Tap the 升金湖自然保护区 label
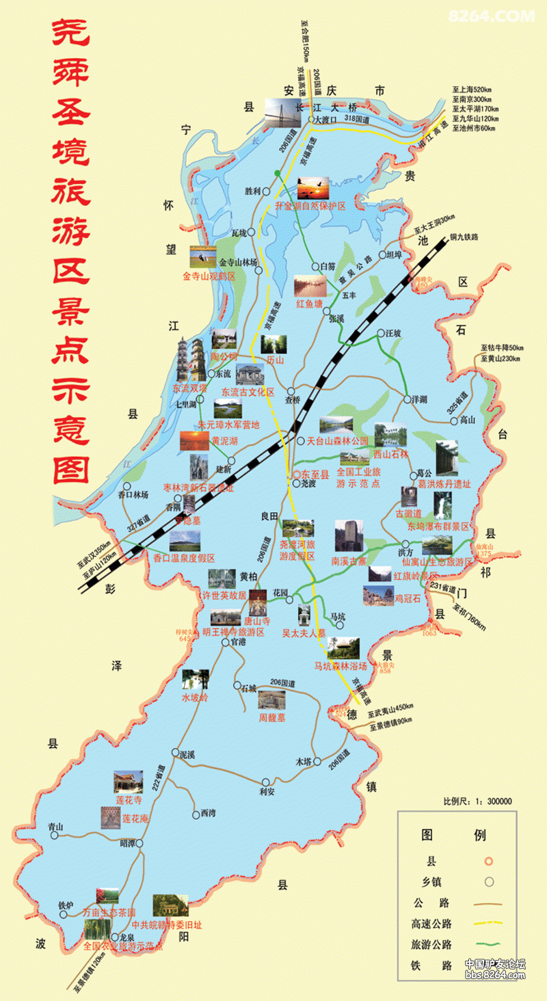click(x=311, y=205)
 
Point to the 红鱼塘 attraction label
click(x=308, y=303)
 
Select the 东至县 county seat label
click(x=316, y=473)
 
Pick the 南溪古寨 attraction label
click(x=349, y=561)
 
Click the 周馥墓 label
click(x=271, y=717)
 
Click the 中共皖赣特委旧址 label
click(x=166, y=924)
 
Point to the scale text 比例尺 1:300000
click(x=478, y=801)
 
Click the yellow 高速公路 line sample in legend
click(x=488, y=924)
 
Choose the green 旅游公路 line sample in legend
click(x=488, y=944)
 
